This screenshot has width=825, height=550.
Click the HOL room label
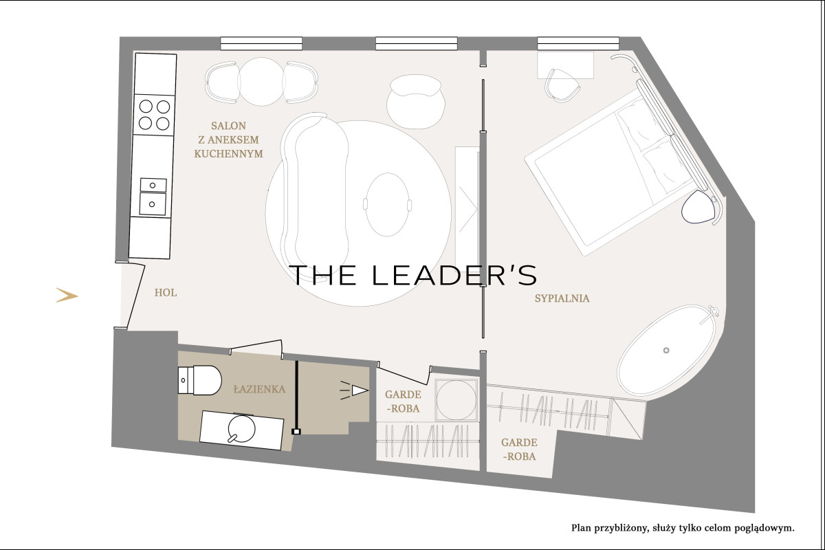(166, 293)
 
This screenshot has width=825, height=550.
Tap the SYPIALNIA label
(562, 298)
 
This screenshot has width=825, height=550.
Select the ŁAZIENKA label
(259, 389)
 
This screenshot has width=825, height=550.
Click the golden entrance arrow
(67, 295)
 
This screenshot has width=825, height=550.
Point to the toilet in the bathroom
(199, 380)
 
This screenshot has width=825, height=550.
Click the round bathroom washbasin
(241, 428)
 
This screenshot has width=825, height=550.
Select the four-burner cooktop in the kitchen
(154, 115)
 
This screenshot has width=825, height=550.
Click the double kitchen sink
(153, 197)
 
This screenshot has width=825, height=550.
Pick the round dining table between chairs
(261, 81)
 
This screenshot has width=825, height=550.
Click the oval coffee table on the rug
(387, 204)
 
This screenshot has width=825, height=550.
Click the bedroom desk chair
(562, 85)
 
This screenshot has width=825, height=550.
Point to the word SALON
(228, 126)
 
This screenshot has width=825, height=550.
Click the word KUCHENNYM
(229, 154)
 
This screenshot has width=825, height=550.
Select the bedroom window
(578, 43)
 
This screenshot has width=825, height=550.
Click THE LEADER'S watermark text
(413, 275)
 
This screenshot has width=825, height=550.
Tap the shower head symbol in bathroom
(354, 390)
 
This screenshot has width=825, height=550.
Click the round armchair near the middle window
(415, 102)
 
